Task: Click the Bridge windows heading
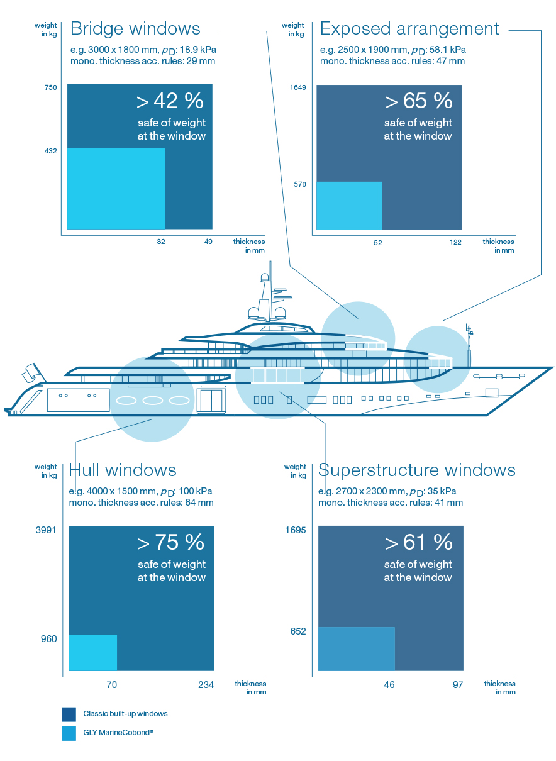[135, 29]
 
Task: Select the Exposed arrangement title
[409, 29]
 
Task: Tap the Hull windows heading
[123, 470]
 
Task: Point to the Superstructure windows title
[417, 470]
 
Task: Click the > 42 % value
[170, 101]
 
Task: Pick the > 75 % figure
[170, 542]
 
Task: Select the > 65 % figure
[419, 101]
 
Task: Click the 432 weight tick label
[50, 151]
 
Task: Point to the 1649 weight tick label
[297, 87]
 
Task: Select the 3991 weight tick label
[46, 530]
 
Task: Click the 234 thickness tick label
[206, 685]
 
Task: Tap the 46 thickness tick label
[389, 685]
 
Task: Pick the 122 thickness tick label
[455, 242]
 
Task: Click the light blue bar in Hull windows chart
[93, 653]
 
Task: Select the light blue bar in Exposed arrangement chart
[349, 206]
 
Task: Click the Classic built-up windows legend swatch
[69, 714]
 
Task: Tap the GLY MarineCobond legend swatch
[69, 733]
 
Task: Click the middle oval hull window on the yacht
[153, 401]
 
